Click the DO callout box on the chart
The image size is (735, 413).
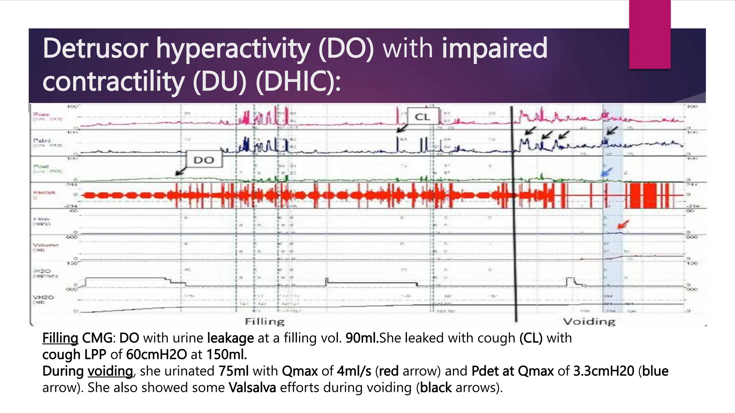coord(204,160)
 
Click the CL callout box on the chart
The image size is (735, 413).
coord(423,117)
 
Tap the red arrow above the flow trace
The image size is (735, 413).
coord(623,225)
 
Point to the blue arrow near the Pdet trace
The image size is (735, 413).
coord(607,172)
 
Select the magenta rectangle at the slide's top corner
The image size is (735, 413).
coord(650,34)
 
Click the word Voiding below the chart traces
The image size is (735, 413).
coord(589,321)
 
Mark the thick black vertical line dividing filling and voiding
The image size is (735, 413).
coord(514,212)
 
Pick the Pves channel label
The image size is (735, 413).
coord(41,115)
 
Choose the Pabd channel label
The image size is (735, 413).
coord(42,141)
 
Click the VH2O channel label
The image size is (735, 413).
coord(43,298)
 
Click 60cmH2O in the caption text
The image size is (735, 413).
coord(156,355)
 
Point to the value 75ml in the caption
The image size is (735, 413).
coord(234,371)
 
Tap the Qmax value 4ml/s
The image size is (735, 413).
coord(354,371)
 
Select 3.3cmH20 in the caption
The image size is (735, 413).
coord(604,371)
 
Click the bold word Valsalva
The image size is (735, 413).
coord(252,388)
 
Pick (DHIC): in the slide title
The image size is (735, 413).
coord(298,81)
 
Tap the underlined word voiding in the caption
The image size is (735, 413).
coord(110,371)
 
